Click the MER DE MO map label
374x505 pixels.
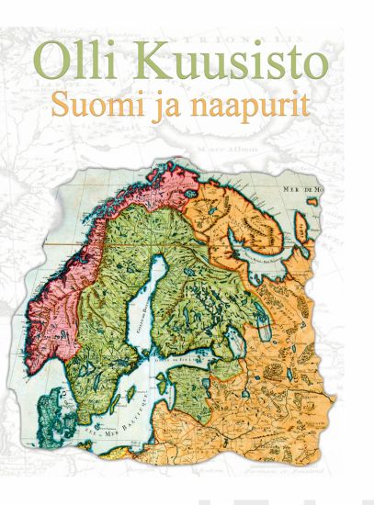click(x=303, y=188)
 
